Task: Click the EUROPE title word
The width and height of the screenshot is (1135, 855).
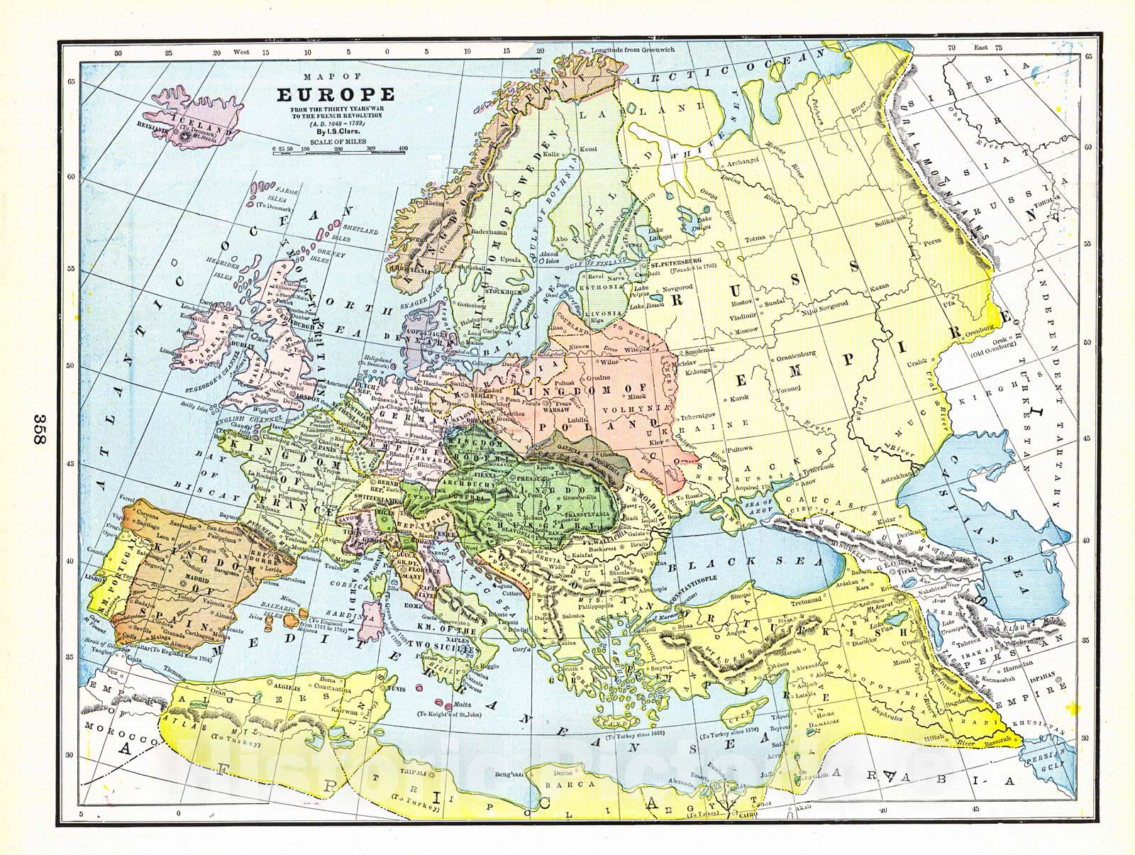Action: point(336,94)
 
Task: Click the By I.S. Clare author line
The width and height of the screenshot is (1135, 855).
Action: point(336,131)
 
